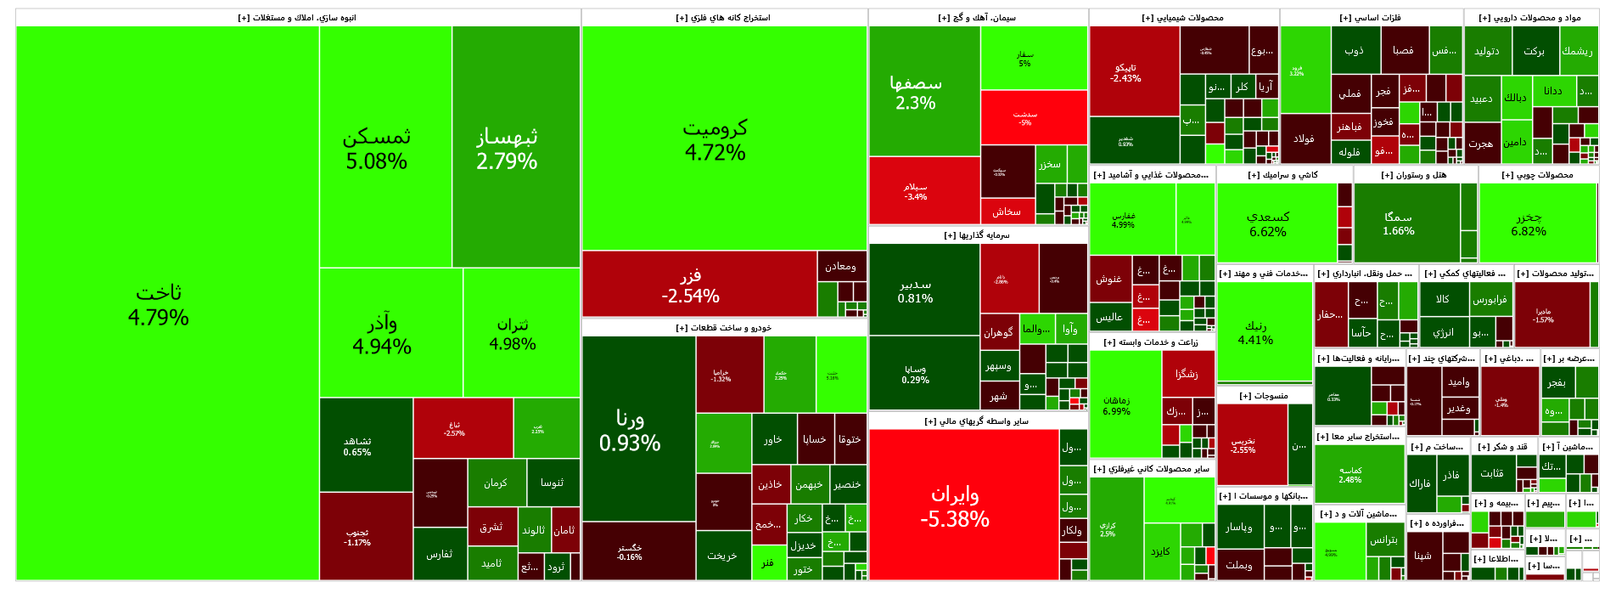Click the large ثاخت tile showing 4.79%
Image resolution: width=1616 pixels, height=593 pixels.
pos(159,304)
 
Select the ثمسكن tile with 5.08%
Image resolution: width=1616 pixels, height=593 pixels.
pos(376,148)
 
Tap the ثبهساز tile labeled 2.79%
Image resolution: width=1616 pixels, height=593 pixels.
pos(507,148)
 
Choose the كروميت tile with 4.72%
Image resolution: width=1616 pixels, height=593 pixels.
pos(715,139)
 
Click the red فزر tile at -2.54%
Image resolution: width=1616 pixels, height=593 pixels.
pos(690,285)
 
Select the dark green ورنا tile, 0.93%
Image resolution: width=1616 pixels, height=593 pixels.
pos(630,430)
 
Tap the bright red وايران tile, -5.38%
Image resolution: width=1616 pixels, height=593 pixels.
pos(955,505)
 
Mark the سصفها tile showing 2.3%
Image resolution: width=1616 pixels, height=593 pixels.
pos(915,92)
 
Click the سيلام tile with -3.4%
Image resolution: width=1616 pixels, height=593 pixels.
pos(915,191)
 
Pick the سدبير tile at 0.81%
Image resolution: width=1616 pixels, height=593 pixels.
pos(915,291)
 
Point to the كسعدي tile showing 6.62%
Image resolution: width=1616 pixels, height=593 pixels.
pos(1268,223)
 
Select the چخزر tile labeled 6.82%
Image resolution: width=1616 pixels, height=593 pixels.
pos(1529,223)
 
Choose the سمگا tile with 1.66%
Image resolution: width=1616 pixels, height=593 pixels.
pos(1398,223)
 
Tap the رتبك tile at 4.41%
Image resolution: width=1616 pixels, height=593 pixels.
pos(1255,332)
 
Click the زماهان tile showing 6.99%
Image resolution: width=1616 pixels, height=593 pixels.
pos(1116,405)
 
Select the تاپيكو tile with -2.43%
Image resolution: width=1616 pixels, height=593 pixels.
pos(1125,72)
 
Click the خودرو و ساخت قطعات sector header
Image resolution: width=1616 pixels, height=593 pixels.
pos(724,328)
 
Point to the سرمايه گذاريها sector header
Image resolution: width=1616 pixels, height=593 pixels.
pos(977,235)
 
